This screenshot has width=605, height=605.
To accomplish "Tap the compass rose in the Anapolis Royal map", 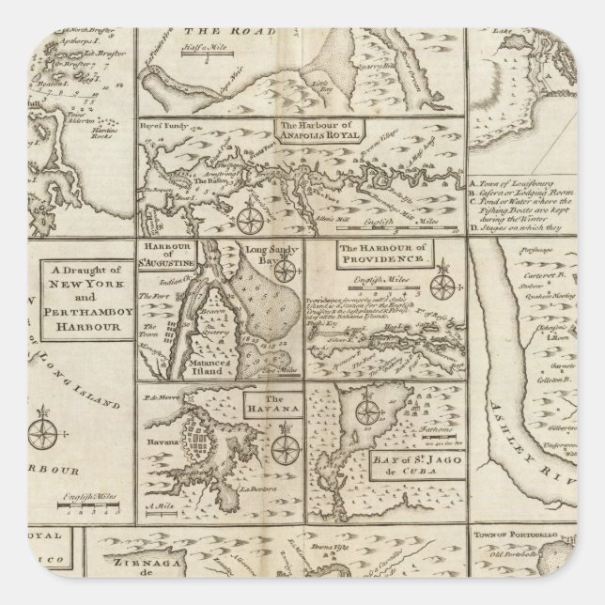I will (251, 218).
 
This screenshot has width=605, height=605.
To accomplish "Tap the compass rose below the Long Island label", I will (43, 434).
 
